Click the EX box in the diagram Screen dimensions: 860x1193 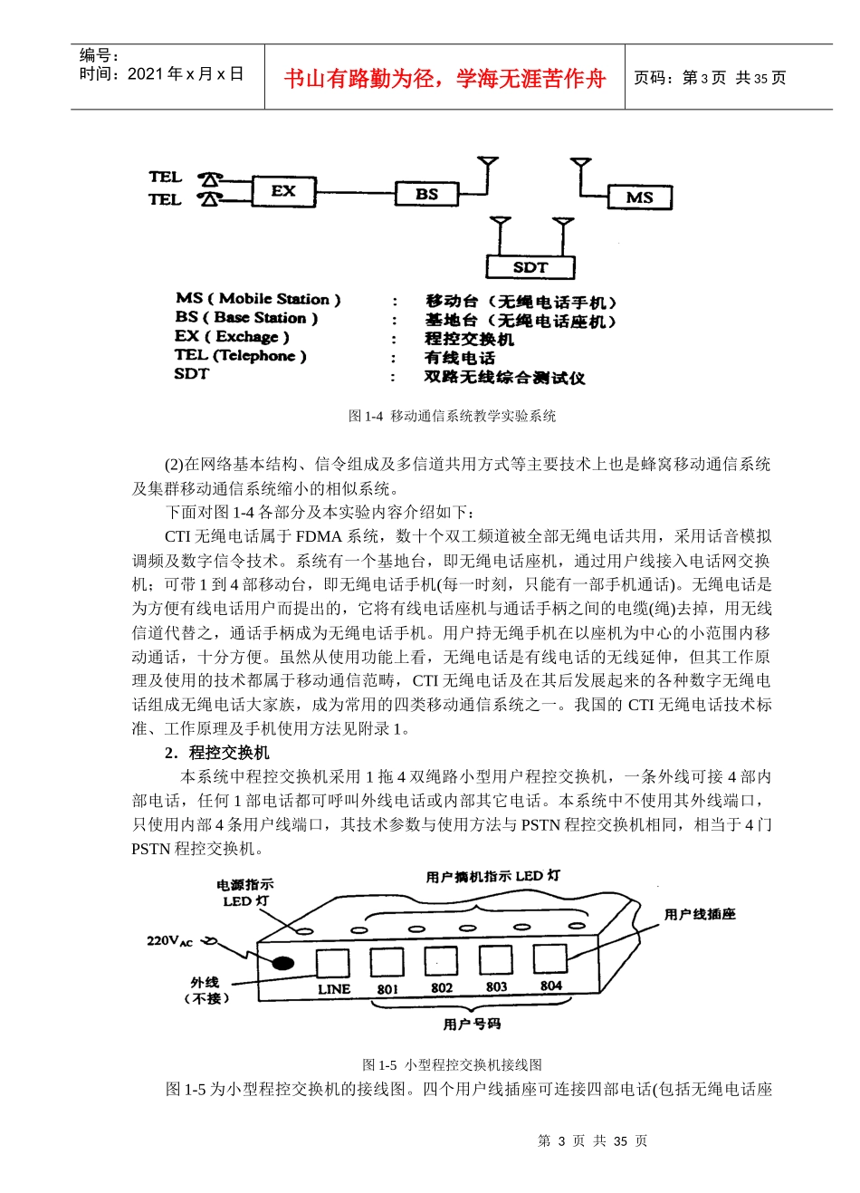tap(282, 192)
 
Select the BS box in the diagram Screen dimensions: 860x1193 tap(426, 194)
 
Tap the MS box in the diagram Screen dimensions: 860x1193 tap(639, 197)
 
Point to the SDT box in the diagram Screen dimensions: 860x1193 tap(530, 267)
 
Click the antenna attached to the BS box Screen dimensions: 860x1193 tap(488, 168)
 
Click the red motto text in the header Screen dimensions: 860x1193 tap(444, 79)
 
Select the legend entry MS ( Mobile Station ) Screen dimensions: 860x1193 tap(258, 299)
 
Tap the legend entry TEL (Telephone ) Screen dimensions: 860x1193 tap(240, 356)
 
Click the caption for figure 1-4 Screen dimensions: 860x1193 tap(452, 416)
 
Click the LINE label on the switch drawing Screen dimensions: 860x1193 tap(333, 989)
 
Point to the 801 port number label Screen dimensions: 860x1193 tap(387, 989)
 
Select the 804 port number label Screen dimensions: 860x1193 tap(550, 986)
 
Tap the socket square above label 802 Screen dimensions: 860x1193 tap(441, 960)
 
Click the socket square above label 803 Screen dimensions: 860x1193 tap(495, 959)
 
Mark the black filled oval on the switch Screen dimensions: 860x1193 tap(283, 962)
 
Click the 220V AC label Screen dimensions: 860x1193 tap(170, 941)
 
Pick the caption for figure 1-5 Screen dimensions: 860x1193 tap(452, 1064)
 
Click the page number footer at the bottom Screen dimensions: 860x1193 tap(592, 1140)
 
